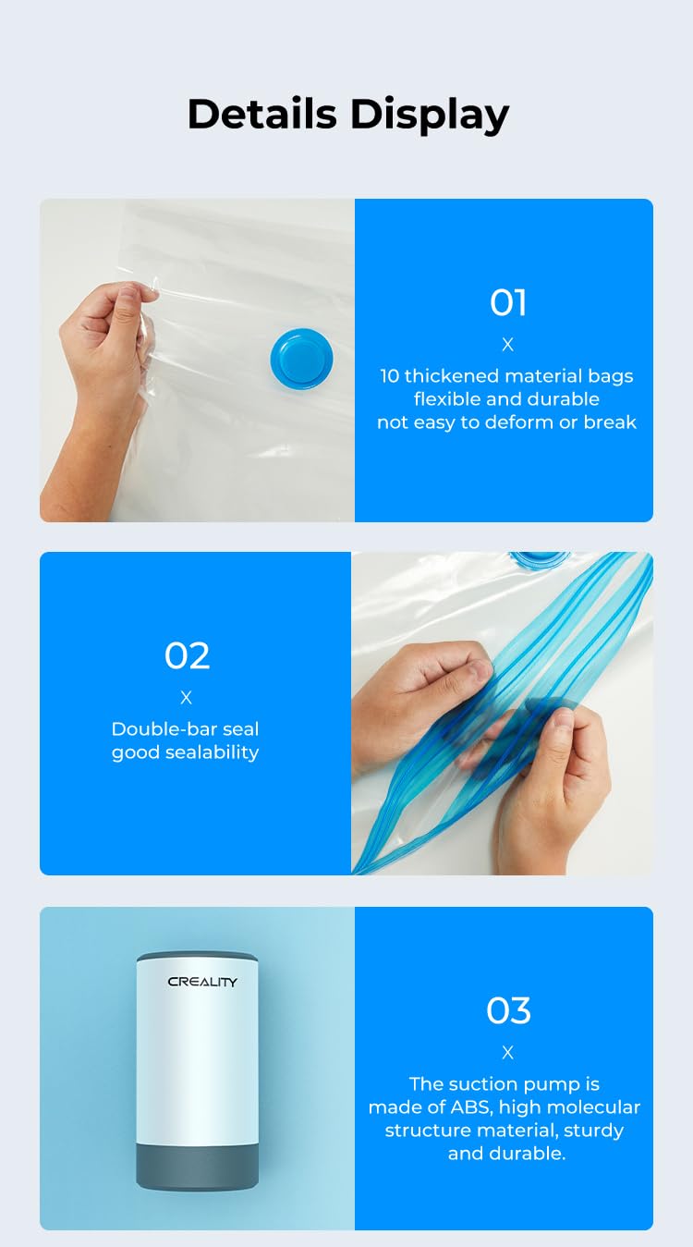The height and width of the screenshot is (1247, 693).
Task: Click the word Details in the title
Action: click(x=261, y=115)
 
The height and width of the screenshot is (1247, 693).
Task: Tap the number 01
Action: click(x=508, y=303)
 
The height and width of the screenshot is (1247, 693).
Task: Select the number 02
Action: click(x=187, y=656)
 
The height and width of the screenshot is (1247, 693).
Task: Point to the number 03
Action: click(x=508, y=1011)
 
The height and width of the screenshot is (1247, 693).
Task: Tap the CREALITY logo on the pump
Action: click(x=202, y=982)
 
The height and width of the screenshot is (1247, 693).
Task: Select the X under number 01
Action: click(x=507, y=345)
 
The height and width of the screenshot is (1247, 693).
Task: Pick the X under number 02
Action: click(x=187, y=698)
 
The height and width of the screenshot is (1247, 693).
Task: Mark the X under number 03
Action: click(x=507, y=1053)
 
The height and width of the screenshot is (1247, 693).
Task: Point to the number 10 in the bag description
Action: click(x=390, y=376)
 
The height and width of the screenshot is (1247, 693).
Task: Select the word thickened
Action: click(x=453, y=376)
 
